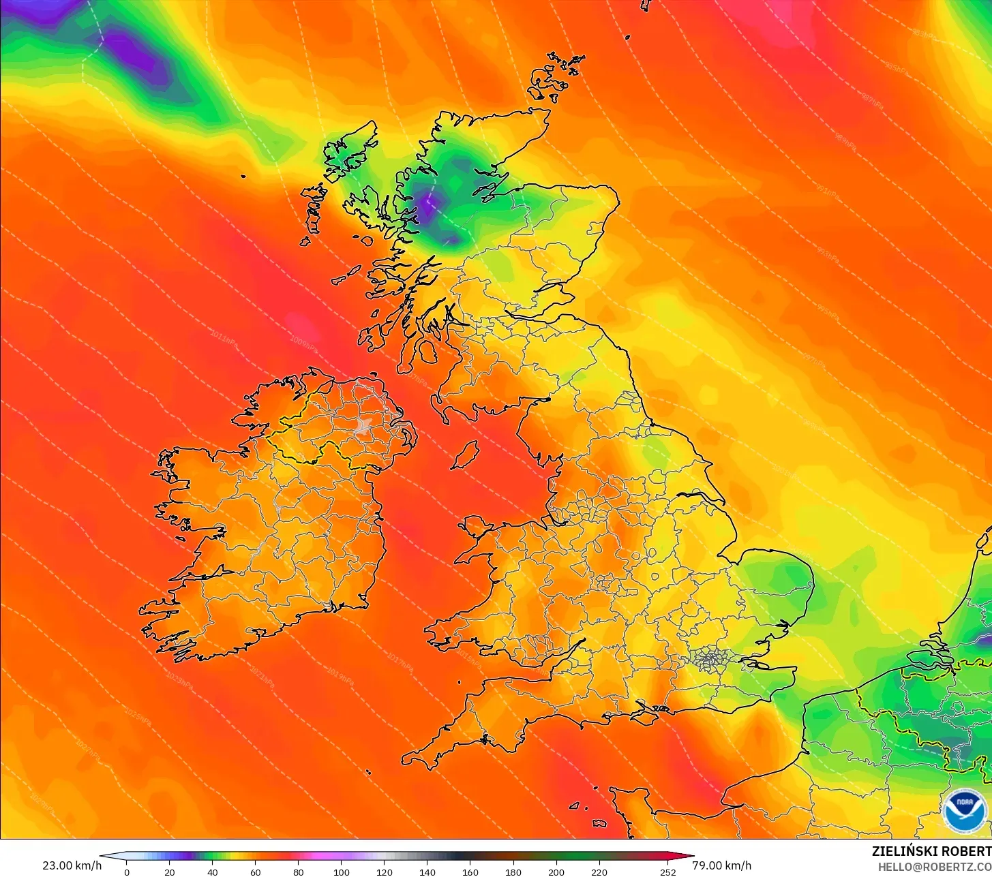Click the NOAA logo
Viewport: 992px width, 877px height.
(965, 810)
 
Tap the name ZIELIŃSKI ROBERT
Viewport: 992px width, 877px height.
(931, 851)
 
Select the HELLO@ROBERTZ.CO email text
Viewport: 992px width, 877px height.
(934, 866)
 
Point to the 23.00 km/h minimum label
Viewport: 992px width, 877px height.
(72, 865)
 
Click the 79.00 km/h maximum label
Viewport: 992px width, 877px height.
(722, 865)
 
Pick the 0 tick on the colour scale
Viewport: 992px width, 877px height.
(127, 872)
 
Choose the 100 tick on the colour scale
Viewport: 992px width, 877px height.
(342, 872)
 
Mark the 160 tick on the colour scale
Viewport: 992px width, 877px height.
(470, 872)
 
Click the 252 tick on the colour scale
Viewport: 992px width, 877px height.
(668, 872)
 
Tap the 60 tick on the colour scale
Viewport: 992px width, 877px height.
(256, 872)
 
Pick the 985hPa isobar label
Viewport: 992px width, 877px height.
(892, 65)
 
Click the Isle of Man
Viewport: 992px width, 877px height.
(465, 455)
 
